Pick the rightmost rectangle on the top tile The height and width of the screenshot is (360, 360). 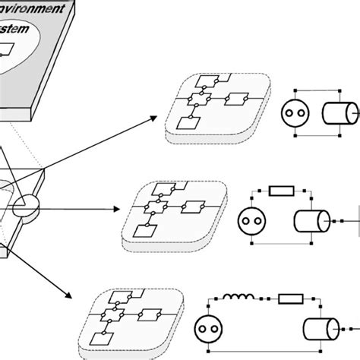238,99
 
